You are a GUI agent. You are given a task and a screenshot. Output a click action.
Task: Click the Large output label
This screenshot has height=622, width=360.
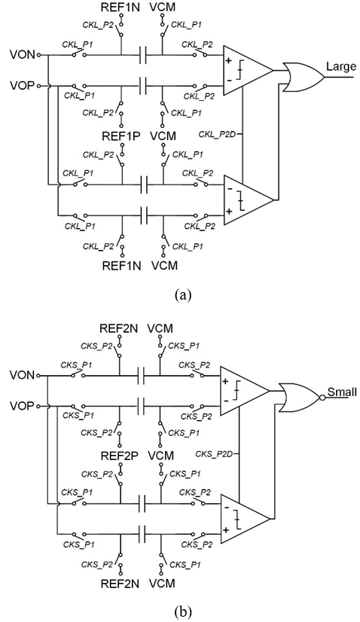[x=341, y=66]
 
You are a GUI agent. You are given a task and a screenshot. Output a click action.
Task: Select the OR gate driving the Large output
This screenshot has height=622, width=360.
[x=304, y=77]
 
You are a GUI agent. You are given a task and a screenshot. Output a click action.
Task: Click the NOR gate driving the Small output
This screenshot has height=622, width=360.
[x=300, y=398]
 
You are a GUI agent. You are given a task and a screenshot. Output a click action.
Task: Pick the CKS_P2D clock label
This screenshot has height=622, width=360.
[x=216, y=453]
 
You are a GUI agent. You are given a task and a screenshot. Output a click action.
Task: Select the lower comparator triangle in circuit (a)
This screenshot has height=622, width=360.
[x=249, y=200]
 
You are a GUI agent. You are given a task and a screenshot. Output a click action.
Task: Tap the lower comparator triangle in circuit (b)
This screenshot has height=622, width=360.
[x=245, y=520]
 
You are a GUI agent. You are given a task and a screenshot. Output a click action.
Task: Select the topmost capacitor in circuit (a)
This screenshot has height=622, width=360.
[x=143, y=55]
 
